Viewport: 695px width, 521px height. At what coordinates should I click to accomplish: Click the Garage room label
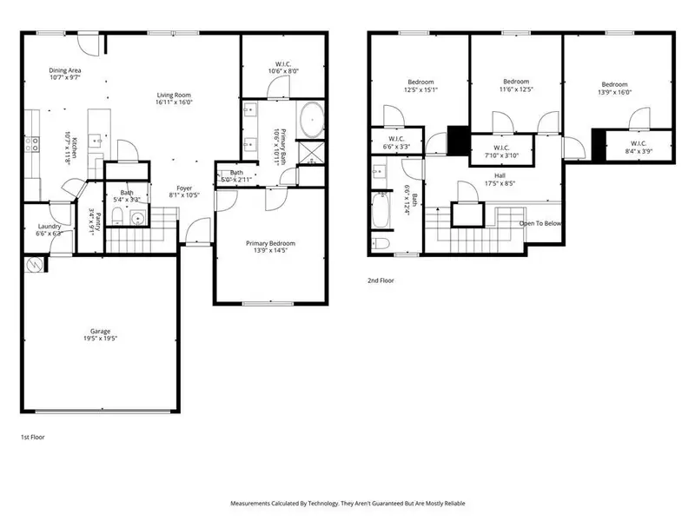[103, 335]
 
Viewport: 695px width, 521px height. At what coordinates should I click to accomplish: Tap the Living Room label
[173, 99]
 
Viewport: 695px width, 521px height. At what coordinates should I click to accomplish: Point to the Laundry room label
[49, 230]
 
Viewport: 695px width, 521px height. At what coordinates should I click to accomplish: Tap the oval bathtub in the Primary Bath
[310, 119]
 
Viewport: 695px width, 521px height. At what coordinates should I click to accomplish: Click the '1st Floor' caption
[33, 437]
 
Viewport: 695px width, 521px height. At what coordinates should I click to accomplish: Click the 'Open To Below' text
[539, 223]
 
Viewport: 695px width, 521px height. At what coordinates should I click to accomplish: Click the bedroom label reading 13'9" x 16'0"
[614, 89]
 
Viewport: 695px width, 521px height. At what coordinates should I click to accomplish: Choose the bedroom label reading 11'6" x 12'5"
[515, 84]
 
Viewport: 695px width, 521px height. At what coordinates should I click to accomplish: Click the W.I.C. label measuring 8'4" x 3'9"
[639, 147]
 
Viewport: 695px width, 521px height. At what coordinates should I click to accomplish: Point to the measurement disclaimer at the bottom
[347, 503]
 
